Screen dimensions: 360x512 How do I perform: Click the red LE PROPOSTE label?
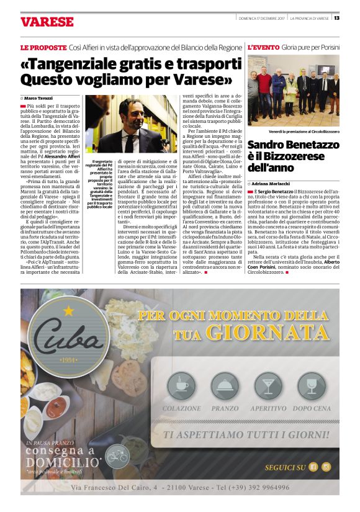tap(41, 47)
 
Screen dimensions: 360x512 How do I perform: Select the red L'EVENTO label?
tap(263, 47)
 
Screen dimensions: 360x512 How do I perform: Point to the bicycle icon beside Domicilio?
tap(117, 456)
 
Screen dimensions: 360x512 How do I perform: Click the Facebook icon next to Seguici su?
tap(313, 467)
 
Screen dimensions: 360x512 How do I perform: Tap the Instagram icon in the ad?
tap(326, 467)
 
